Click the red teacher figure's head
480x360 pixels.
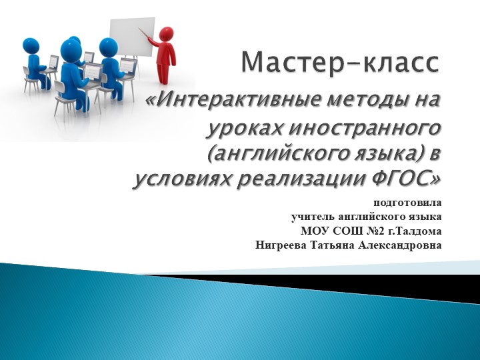(167, 34)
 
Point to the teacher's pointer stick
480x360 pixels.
(147, 36)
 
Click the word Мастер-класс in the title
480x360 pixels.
(340, 63)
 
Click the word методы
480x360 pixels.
(367, 101)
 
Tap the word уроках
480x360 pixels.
(240, 127)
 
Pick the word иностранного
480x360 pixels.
(360, 127)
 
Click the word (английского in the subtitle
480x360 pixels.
(266, 154)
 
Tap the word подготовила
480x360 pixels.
(407, 202)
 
